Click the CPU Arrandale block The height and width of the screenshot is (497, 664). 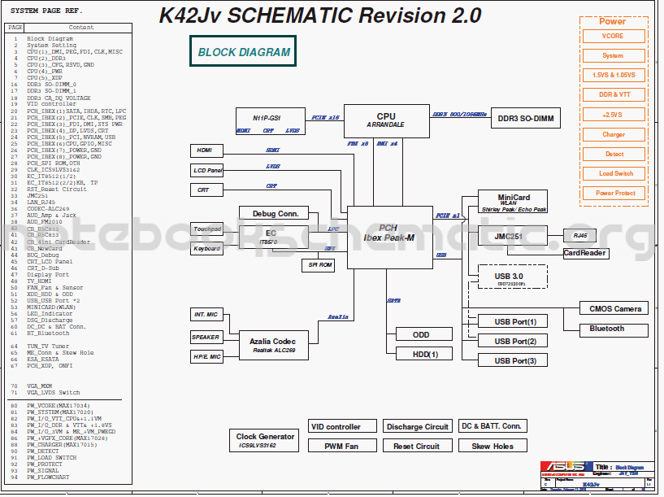pyautogui.click(x=386, y=120)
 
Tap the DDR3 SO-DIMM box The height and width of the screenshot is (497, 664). pyautogui.click(x=526, y=119)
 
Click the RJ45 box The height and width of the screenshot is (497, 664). pyautogui.click(x=579, y=235)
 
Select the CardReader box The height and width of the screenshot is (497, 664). pyautogui.click(x=585, y=253)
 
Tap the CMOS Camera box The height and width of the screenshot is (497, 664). pyautogui.click(x=615, y=309)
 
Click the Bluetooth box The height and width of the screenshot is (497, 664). pyautogui.click(x=607, y=329)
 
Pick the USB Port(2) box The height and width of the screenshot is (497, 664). pyautogui.click(x=514, y=341)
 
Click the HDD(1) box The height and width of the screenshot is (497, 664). pyautogui.click(x=420, y=354)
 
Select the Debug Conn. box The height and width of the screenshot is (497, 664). pyautogui.click(x=276, y=214)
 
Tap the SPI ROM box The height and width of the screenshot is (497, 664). pyautogui.click(x=318, y=265)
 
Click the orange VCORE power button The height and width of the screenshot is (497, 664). pyautogui.click(x=613, y=37)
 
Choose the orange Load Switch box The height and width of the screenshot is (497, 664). pyautogui.click(x=615, y=173)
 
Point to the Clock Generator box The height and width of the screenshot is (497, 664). pyautogui.click(x=266, y=441)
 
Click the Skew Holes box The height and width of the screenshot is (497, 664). pyautogui.click(x=492, y=446)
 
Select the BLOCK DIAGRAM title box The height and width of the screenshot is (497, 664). pyautogui.click(x=244, y=52)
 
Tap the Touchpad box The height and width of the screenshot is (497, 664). pyautogui.click(x=206, y=229)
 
